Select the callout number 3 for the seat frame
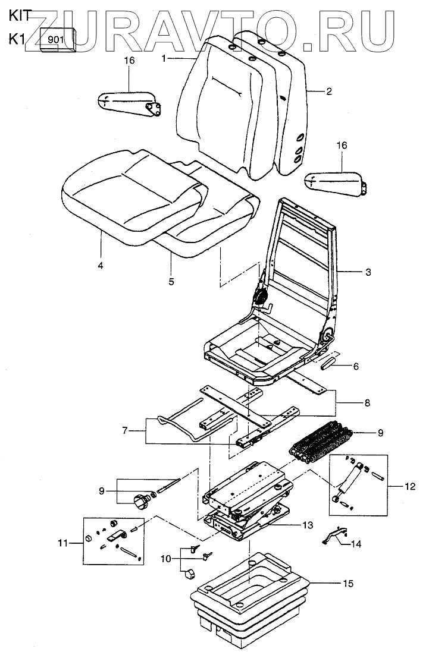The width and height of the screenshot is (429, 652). (x=368, y=272)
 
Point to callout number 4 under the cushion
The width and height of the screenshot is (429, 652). (x=101, y=265)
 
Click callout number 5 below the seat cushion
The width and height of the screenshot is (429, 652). (x=171, y=281)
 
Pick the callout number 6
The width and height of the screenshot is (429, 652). (x=356, y=366)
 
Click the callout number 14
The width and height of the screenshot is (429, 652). (x=356, y=543)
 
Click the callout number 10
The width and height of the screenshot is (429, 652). (x=165, y=559)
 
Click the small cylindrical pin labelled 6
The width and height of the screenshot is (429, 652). (x=330, y=362)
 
